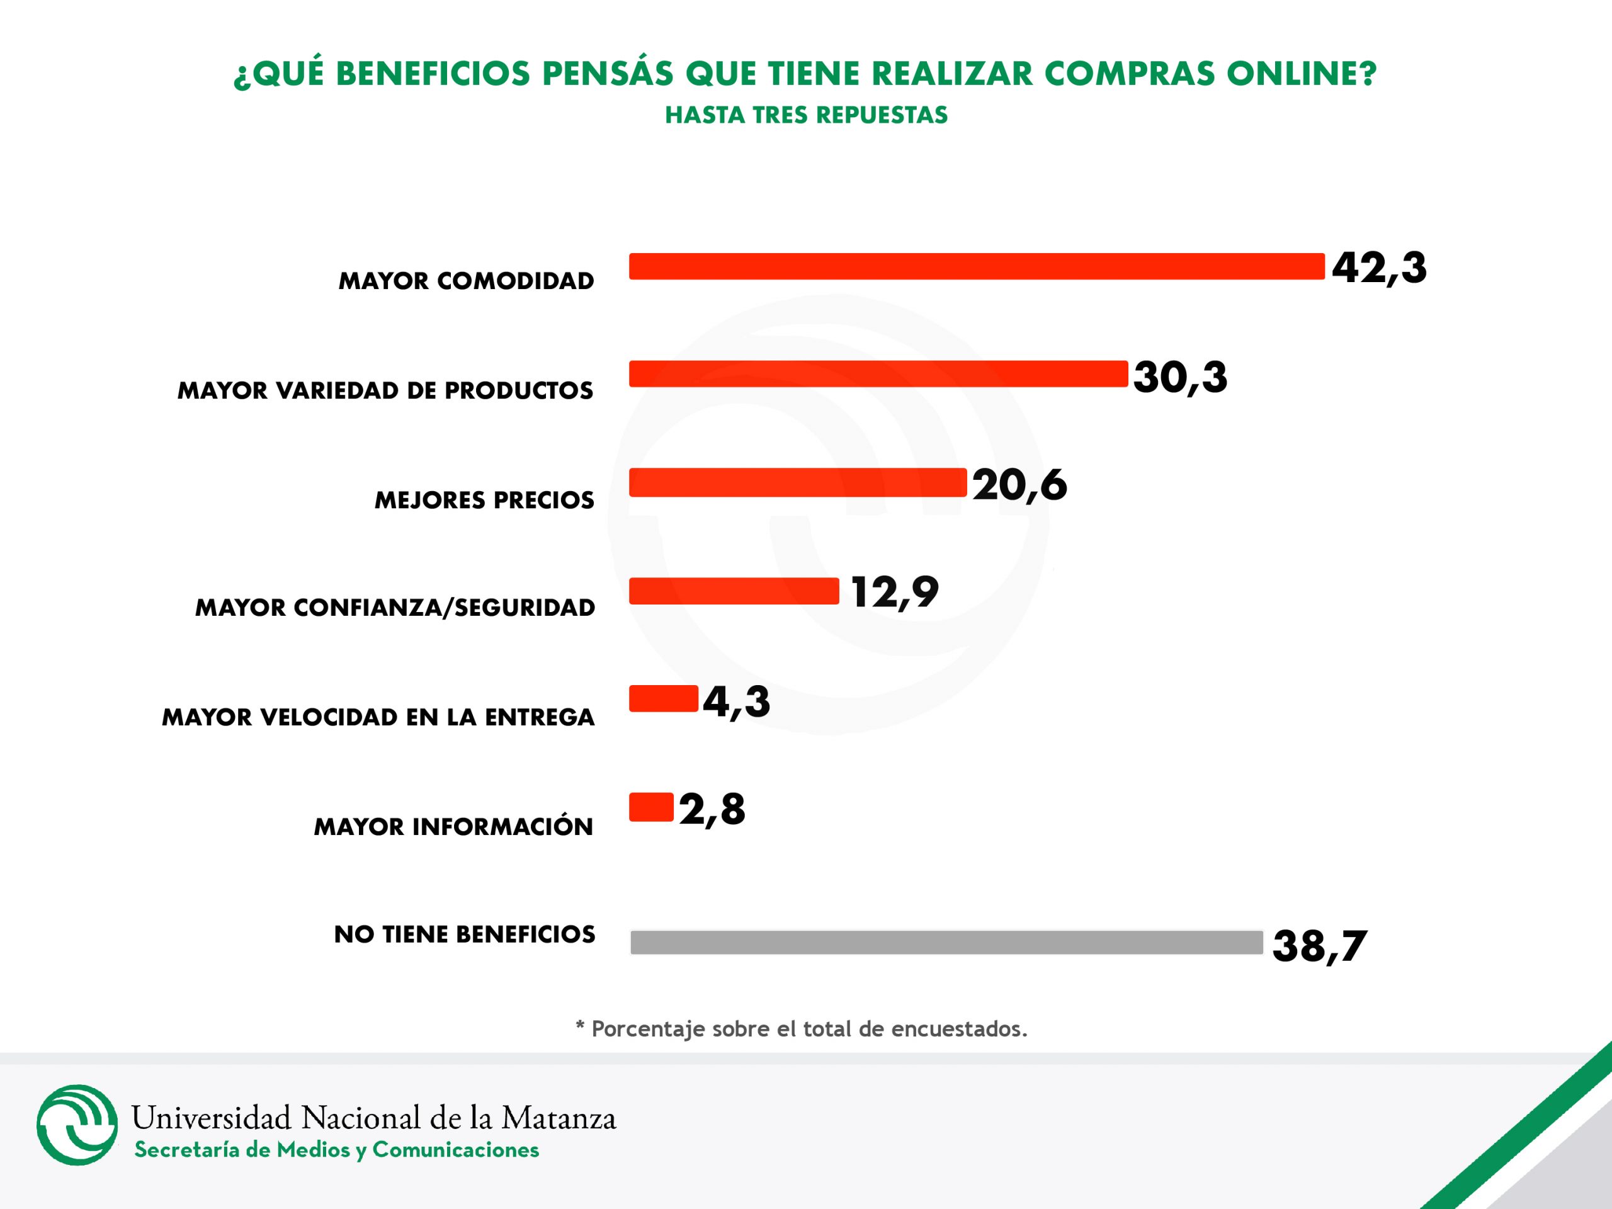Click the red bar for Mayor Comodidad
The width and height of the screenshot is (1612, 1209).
click(977, 267)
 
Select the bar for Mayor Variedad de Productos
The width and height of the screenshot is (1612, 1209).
click(878, 374)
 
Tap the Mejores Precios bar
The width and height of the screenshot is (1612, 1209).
click(797, 482)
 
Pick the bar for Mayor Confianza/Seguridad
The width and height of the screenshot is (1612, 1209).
click(734, 591)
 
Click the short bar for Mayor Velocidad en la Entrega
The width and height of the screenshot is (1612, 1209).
click(663, 699)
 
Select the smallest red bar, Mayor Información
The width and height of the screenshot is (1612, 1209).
click(650, 807)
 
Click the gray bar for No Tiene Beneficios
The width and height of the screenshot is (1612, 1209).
click(946, 942)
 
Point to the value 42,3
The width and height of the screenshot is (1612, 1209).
click(1379, 268)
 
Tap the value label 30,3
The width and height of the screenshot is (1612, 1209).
click(1180, 377)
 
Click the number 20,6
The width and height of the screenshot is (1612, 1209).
click(1019, 485)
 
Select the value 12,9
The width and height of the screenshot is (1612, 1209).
click(894, 592)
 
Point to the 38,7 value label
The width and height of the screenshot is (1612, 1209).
click(1319, 946)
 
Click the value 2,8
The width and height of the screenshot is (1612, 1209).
click(712, 810)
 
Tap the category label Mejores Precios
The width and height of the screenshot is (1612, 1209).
click(484, 501)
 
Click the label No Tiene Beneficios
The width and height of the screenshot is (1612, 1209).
click(464, 934)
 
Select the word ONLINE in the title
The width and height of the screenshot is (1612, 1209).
click(1301, 74)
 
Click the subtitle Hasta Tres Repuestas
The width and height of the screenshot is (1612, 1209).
click(806, 115)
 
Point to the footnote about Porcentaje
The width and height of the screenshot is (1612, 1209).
click(802, 1029)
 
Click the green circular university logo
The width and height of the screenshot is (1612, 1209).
click(77, 1125)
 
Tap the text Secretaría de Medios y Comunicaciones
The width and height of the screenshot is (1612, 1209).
click(337, 1150)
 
